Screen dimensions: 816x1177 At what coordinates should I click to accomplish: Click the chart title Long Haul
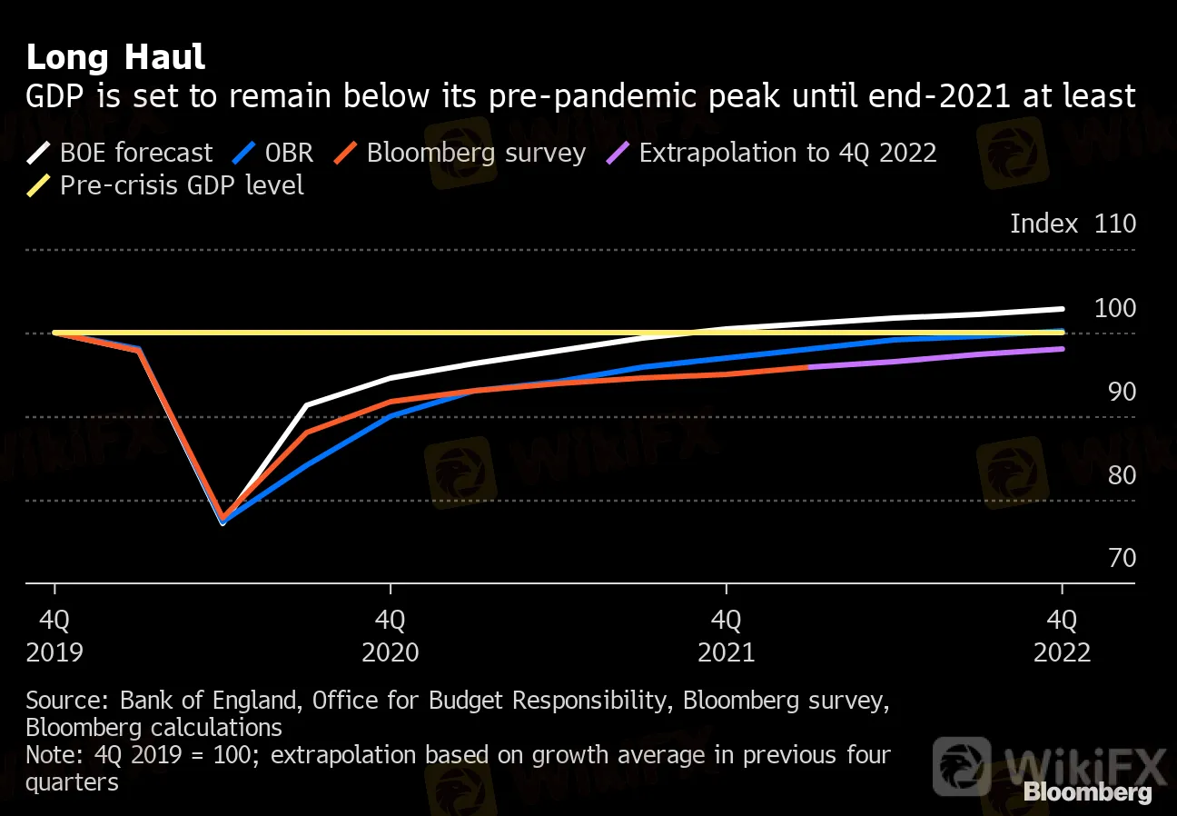[115, 57]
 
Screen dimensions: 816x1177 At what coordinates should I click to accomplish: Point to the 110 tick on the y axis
[1115, 224]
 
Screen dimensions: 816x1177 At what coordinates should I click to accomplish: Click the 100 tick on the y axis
[1115, 308]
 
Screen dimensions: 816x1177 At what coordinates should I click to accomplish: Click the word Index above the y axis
[1043, 224]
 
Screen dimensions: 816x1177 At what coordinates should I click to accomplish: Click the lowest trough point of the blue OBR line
[223, 522]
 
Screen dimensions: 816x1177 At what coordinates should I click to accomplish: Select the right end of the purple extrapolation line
[1062, 349]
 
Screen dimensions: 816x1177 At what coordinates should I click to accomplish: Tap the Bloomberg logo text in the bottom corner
[1087, 792]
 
